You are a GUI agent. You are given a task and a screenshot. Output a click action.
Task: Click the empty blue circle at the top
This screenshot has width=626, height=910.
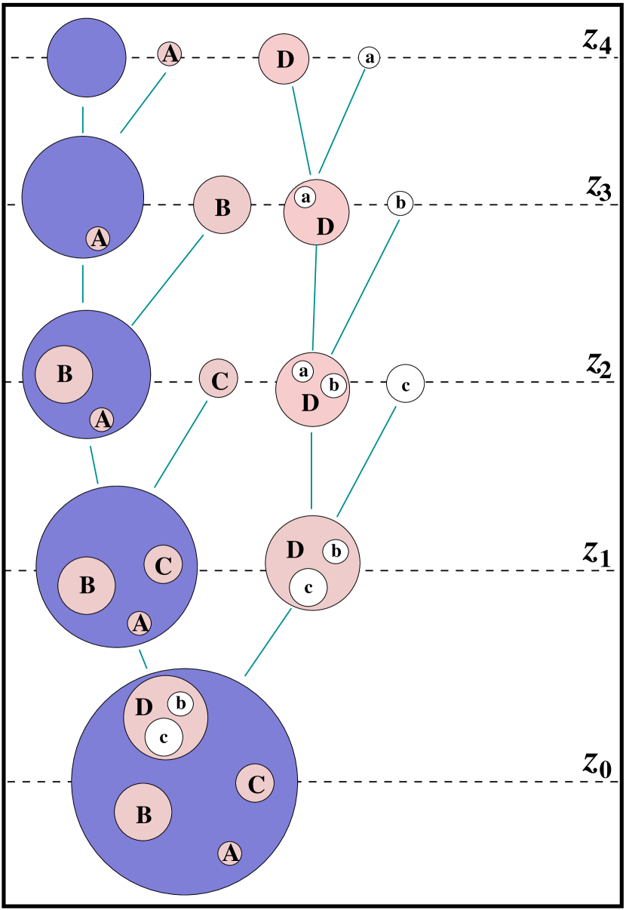tap(87, 58)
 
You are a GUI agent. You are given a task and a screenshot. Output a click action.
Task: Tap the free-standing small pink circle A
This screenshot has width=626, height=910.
tap(170, 54)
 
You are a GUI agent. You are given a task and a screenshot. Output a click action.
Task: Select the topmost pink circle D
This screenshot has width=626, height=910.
tap(284, 59)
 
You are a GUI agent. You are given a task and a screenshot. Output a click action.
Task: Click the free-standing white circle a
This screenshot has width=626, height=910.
tap(368, 57)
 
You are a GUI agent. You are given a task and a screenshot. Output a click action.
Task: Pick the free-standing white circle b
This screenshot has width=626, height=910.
tap(400, 203)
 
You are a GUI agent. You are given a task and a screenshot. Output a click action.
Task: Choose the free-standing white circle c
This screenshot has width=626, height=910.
tap(406, 384)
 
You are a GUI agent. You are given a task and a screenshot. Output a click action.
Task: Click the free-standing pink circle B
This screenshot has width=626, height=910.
tap(222, 205)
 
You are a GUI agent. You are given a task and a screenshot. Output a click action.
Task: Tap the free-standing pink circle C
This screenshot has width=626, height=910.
tap(219, 379)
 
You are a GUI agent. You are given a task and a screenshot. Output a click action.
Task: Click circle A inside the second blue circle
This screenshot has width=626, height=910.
tap(98, 238)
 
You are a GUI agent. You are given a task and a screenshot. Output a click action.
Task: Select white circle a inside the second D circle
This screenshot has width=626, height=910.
tap(305, 197)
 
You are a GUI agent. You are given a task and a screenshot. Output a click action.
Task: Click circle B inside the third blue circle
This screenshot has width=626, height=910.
tap(64, 374)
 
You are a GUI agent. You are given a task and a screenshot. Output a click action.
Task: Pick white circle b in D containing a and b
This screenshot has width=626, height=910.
tap(333, 386)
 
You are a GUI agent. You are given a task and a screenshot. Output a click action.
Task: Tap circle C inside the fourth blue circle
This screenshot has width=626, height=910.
tap(164, 564)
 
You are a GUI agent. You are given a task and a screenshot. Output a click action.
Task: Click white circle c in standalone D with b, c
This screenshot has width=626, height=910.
tap(308, 587)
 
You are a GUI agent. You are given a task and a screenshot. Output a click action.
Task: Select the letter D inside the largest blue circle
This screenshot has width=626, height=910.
tap(143, 708)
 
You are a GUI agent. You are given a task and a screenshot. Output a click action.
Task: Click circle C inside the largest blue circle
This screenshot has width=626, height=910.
tap(255, 783)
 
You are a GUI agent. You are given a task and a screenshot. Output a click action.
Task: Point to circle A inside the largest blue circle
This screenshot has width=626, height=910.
tap(230, 853)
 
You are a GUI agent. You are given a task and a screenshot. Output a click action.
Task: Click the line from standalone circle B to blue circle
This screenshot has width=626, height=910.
tap(168, 279)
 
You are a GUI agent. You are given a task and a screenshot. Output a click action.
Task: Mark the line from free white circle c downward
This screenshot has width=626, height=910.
tap(367, 462)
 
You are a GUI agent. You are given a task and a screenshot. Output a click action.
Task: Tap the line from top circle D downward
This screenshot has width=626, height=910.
tap(302, 130)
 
